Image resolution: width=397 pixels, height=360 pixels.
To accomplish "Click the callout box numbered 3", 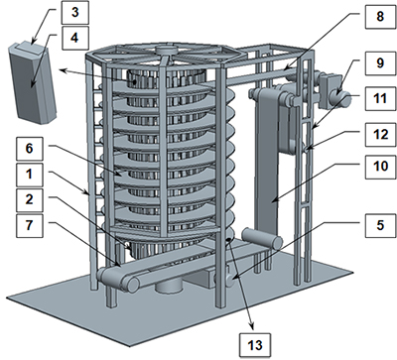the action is (75, 13).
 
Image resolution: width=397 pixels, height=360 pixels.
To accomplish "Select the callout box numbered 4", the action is (75, 38).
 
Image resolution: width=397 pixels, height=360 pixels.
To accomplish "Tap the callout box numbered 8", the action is (380, 16).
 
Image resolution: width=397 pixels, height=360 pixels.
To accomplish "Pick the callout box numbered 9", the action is (380, 62).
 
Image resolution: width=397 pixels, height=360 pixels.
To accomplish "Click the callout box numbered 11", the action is (380, 98).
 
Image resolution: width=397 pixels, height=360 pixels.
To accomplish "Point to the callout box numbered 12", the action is (380, 134).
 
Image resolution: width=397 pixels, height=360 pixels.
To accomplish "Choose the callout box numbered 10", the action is (380, 167).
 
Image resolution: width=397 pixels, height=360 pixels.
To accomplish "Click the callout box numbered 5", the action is (380, 225).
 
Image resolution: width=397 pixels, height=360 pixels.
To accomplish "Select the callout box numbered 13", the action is (255, 345).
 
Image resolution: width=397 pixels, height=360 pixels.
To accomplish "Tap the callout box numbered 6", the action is (30, 149).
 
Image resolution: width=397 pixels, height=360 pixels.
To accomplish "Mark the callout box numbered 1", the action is (30, 175).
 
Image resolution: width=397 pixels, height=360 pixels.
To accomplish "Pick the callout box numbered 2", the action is (30, 199).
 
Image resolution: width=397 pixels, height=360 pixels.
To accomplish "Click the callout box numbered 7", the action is (30, 225).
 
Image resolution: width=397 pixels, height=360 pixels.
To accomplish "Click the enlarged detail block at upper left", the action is (32, 82).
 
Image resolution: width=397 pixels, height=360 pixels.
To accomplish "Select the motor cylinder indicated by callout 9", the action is (340, 98).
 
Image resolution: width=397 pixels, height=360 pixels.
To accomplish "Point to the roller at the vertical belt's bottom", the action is (262, 238).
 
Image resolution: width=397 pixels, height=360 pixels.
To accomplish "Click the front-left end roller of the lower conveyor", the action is (118, 280).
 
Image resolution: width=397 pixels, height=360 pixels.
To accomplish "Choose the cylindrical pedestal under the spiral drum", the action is (169, 285).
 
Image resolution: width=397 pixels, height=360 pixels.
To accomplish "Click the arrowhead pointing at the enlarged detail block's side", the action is (63, 70).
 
